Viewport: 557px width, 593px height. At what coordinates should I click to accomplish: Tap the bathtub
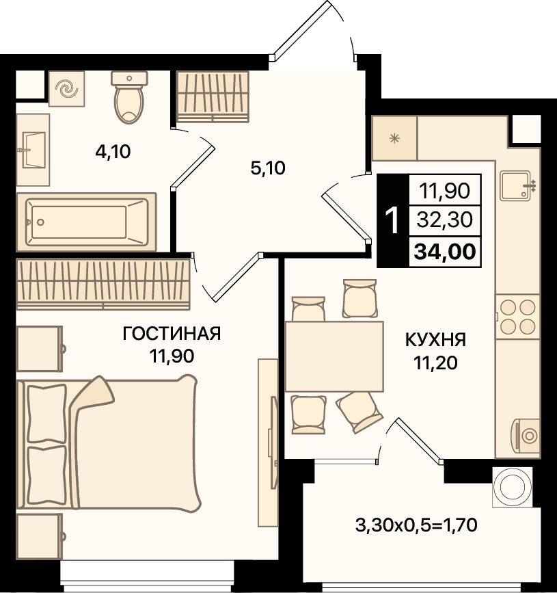(x=87, y=222)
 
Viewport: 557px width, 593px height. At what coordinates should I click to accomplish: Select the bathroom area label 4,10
(x=113, y=152)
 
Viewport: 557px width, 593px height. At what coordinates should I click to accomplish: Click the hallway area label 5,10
(x=268, y=168)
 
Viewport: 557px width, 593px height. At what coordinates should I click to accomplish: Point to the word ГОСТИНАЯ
(x=172, y=334)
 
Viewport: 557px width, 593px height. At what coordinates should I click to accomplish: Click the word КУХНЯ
(x=436, y=340)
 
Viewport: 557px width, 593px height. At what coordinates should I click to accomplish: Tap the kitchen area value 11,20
(x=436, y=363)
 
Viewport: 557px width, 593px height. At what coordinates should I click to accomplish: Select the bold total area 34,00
(x=445, y=252)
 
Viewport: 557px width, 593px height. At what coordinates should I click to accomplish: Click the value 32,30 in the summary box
(x=445, y=220)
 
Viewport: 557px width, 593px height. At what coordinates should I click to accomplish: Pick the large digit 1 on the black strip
(x=392, y=221)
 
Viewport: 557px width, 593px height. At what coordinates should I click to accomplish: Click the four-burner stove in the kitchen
(x=517, y=317)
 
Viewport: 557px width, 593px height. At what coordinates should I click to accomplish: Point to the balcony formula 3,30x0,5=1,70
(x=416, y=525)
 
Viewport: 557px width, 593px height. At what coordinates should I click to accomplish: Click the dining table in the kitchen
(x=334, y=356)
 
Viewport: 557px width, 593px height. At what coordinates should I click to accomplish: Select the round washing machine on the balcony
(x=513, y=487)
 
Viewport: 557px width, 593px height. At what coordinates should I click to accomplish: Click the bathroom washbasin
(x=33, y=150)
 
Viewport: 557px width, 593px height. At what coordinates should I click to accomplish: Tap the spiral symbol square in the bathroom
(x=66, y=88)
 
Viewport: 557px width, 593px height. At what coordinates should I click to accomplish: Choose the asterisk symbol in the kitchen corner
(x=394, y=138)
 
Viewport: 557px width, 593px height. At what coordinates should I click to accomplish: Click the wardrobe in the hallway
(x=213, y=97)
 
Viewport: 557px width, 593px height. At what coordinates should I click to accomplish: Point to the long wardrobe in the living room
(x=103, y=285)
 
